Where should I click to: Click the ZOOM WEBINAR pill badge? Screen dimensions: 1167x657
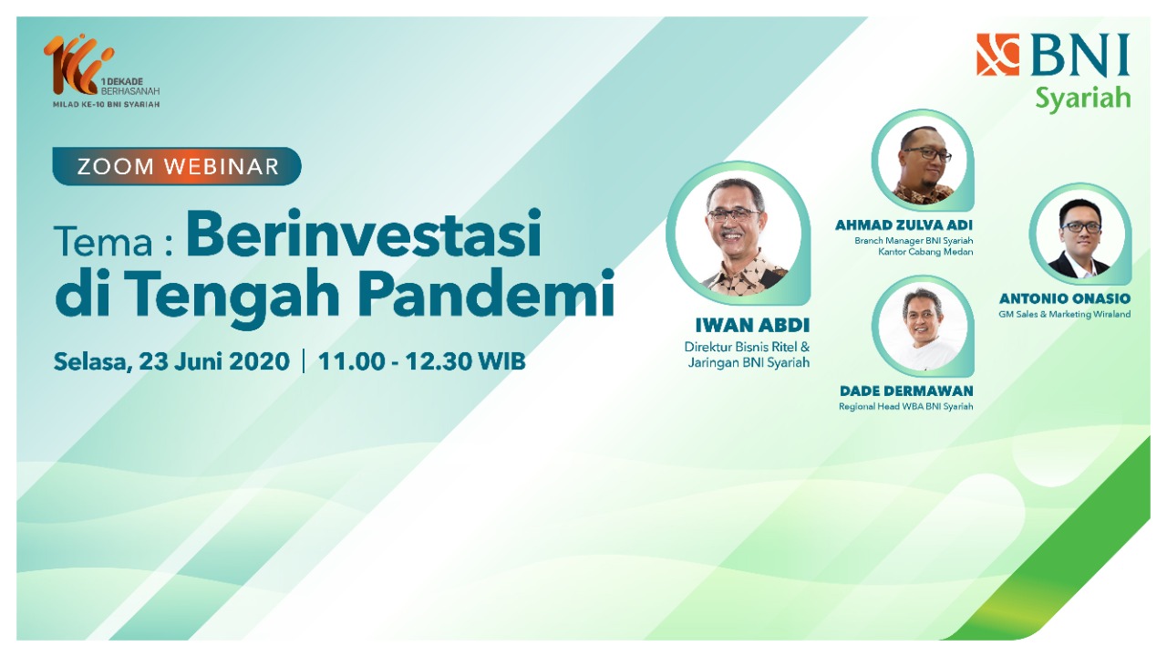tap(177, 166)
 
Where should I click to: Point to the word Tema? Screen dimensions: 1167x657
tap(103, 243)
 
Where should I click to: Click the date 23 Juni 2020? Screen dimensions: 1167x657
tap(213, 361)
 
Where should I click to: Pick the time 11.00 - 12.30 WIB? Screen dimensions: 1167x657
tap(421, 361)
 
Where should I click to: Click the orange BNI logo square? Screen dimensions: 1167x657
tap(997, 55)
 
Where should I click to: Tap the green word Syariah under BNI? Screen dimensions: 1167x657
tap(1082, 98)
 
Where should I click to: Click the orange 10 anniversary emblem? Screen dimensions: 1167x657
tap(78, 65)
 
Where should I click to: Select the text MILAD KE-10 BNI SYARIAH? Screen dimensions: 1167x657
tap(107, 104)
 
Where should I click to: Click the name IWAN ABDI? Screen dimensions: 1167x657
tap(752, 326)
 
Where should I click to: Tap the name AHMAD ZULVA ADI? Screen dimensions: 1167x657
tap(904, 225)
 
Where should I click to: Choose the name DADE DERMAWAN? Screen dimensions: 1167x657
tap(906, 391)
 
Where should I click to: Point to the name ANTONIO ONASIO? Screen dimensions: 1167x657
tap(1065, 298)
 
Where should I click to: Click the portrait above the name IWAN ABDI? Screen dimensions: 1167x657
tap(738, 233)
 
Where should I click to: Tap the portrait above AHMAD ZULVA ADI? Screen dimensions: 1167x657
tap(922, 160)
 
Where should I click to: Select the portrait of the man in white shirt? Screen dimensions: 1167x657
tap(922, 327)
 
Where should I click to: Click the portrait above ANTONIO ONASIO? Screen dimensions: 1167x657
tap(1080, 234)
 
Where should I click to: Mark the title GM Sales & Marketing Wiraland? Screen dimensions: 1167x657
tap(1064, 315)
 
